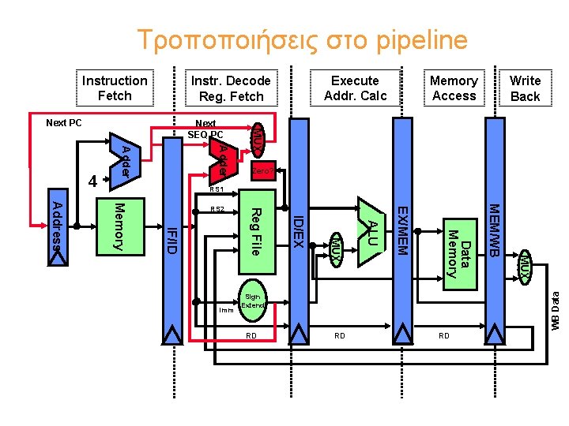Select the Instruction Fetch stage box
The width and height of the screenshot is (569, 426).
tap(115, 88)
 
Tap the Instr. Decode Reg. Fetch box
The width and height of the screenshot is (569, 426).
tap(231, 88)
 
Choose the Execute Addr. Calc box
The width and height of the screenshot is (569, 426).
tap(355, 88)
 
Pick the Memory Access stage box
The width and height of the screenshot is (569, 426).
tap(454, 88)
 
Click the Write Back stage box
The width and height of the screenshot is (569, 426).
tap(525, 88)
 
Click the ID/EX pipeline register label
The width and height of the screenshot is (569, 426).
tap(298, 230)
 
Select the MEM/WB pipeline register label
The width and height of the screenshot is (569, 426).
tap(494, 230)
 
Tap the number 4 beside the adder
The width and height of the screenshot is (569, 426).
tap(92, 181)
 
